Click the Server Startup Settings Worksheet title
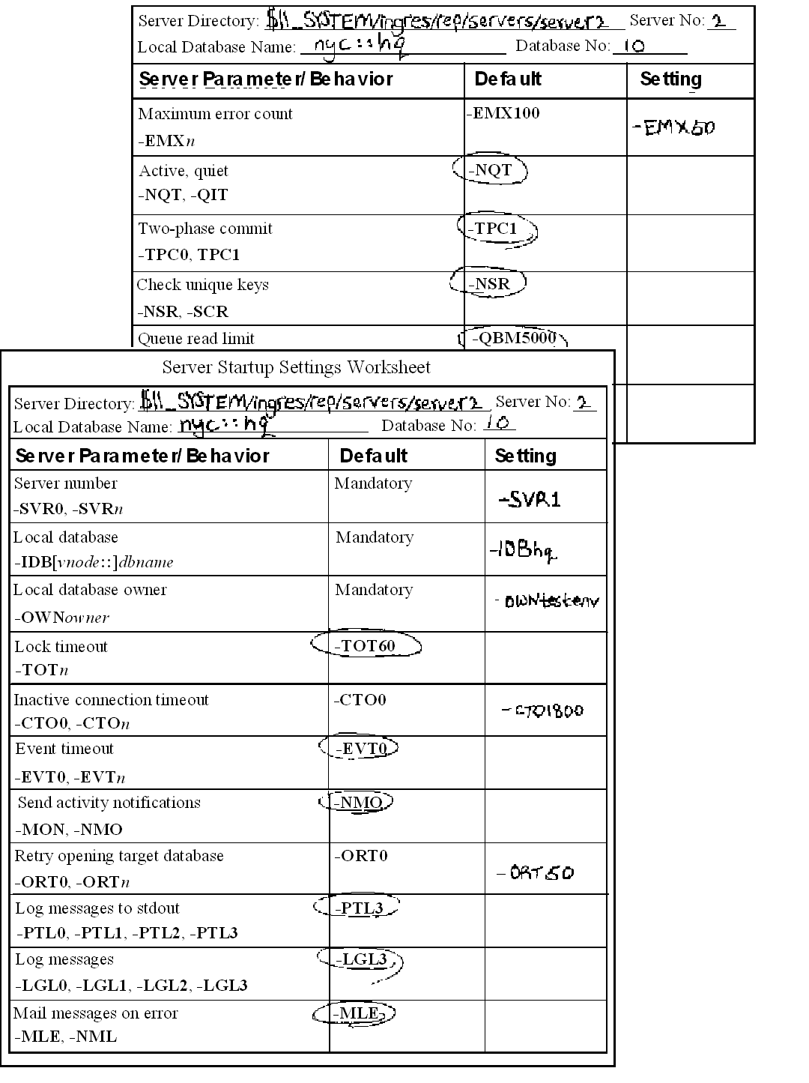[x=296, y=367]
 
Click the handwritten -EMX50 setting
[x=673, y=127]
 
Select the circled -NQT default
[x=491, y=170]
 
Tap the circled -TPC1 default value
[x=496, y=229]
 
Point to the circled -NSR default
[x=489, y=283]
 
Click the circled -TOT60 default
[x=366, y=645]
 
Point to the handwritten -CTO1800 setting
[x=543, y=710]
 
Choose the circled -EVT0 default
[x=359, y=748]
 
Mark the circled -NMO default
[x=357, y=803]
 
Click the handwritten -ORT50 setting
[x=536, y=872]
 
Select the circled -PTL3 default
[x=357, y=908]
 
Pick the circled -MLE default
[x=354, y=1013]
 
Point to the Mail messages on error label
[x=95, y=1013]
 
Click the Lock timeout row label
[x=61, y=646]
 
